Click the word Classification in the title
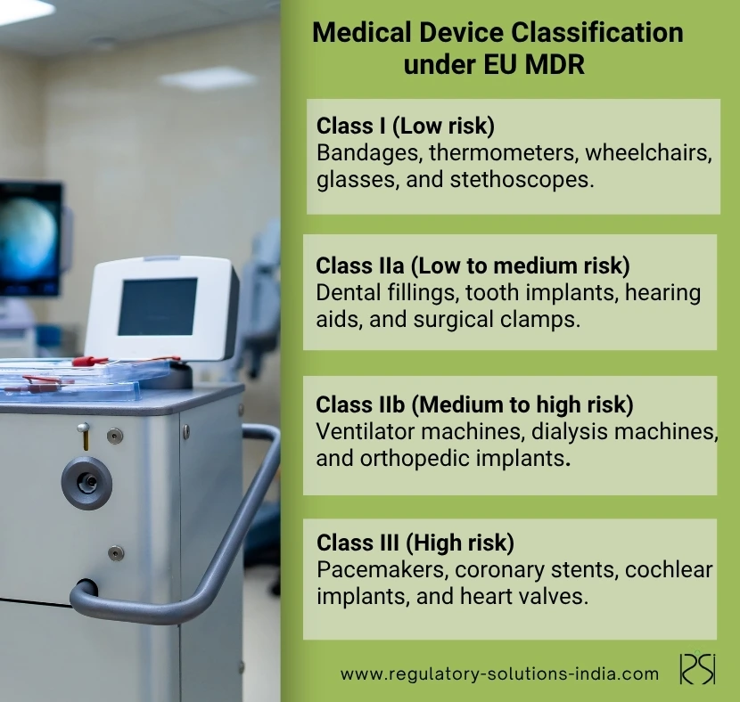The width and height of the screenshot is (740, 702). pyautogui.click(x=597, y=33)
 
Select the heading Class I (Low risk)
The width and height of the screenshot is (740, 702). pyautogui.click(x=406, y=126)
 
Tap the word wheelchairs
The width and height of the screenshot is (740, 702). pyautogui.click(x=648, y=152)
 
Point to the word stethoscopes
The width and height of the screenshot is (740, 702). pyautogui.click(x=522, y=180)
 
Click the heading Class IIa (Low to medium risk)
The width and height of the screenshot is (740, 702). pyautogui.click(x=473, y=265)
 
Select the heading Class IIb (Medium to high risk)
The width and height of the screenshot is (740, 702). pyautogui.click(x=475, y=405)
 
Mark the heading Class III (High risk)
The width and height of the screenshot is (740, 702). pyautogui.click(x=415, y=543)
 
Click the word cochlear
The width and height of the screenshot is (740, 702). pyautogui.click(x=669, y=569)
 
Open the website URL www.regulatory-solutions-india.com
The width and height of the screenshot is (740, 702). pyautogui.click(x=499, y=673)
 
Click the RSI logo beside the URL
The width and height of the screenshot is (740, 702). pyautogui.click(x=697, y=668)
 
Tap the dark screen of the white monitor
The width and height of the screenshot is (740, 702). pyautogui.click(x=157, y=306)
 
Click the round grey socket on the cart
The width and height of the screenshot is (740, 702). pyautogui.click(x=86, y=482)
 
